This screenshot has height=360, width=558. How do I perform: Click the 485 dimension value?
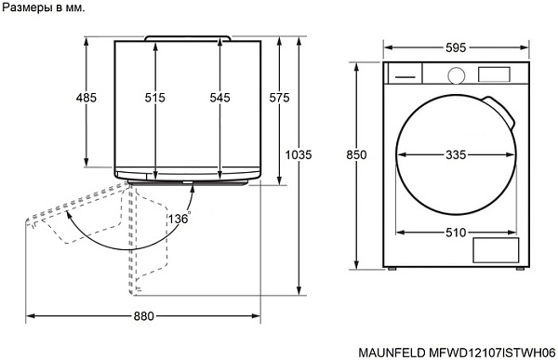coord(86,98)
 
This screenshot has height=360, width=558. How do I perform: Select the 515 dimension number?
coord(154,98)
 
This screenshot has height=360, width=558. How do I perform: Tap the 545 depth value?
coord(219,98)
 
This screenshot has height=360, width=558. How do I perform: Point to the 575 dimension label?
coord(279,98)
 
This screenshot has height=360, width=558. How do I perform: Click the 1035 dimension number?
coord(299,154)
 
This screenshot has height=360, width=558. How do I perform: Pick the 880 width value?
coord(144,316)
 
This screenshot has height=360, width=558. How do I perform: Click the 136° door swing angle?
coord(179,218)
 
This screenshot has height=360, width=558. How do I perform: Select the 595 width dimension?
coord(456,47)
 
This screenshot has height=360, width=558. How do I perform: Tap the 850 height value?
coord(356,154)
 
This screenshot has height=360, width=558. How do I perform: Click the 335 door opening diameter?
coord(456,154)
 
